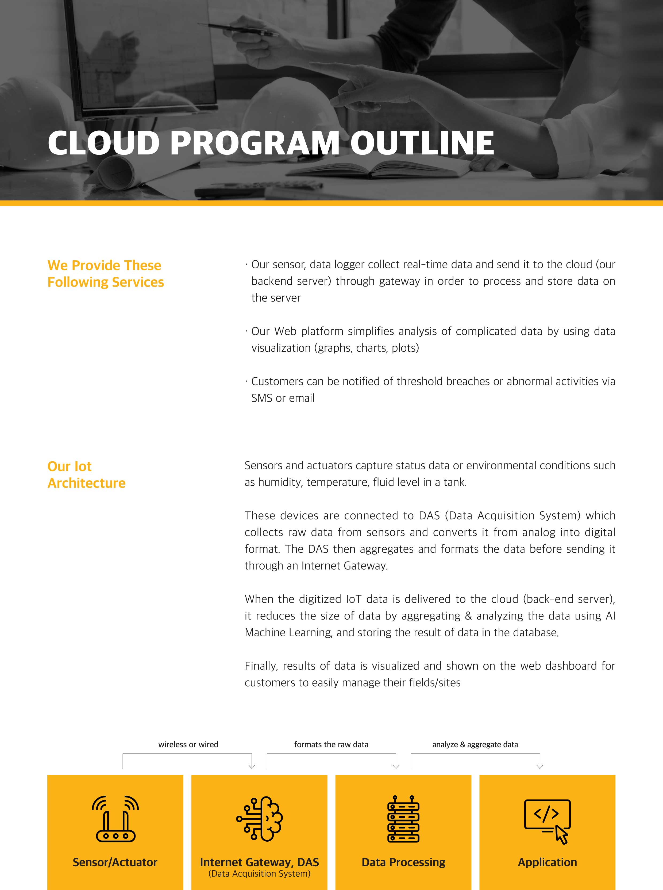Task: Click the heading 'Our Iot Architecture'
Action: [86, 475]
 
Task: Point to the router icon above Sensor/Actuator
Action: [115, 819]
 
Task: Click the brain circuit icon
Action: [260, 819]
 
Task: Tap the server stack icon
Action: [403, 819]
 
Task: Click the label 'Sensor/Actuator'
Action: [115, 862]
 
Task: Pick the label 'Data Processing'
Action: [403, 862]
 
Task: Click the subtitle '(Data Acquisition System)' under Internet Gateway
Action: [259, 873]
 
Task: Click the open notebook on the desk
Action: [377, 169]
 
